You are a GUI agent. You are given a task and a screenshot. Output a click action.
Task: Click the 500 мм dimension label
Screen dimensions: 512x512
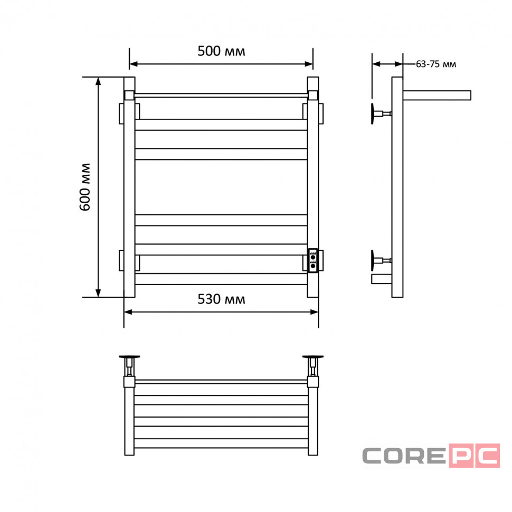[x=221, y=51]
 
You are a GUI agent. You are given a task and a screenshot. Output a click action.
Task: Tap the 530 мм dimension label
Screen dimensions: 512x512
[x=221, y=299]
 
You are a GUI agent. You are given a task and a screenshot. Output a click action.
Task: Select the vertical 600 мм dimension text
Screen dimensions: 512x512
[x=85, y=187]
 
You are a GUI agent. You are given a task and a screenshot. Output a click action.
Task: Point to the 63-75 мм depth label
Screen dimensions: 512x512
[x=436, y=64]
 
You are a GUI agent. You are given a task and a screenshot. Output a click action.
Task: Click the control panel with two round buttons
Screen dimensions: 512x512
[x=313, y=261]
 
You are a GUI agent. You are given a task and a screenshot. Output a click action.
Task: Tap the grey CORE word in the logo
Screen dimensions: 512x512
[x=404, y=456]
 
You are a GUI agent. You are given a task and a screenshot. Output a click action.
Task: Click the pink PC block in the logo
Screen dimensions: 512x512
[x=475, y=456]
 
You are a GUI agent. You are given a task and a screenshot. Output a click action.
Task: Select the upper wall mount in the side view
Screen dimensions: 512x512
[x=381, y=113]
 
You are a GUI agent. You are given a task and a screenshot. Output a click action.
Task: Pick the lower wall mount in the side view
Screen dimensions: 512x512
[x=381, y=260]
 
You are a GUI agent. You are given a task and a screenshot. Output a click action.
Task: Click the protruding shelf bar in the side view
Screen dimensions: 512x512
[x=437, y=96]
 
